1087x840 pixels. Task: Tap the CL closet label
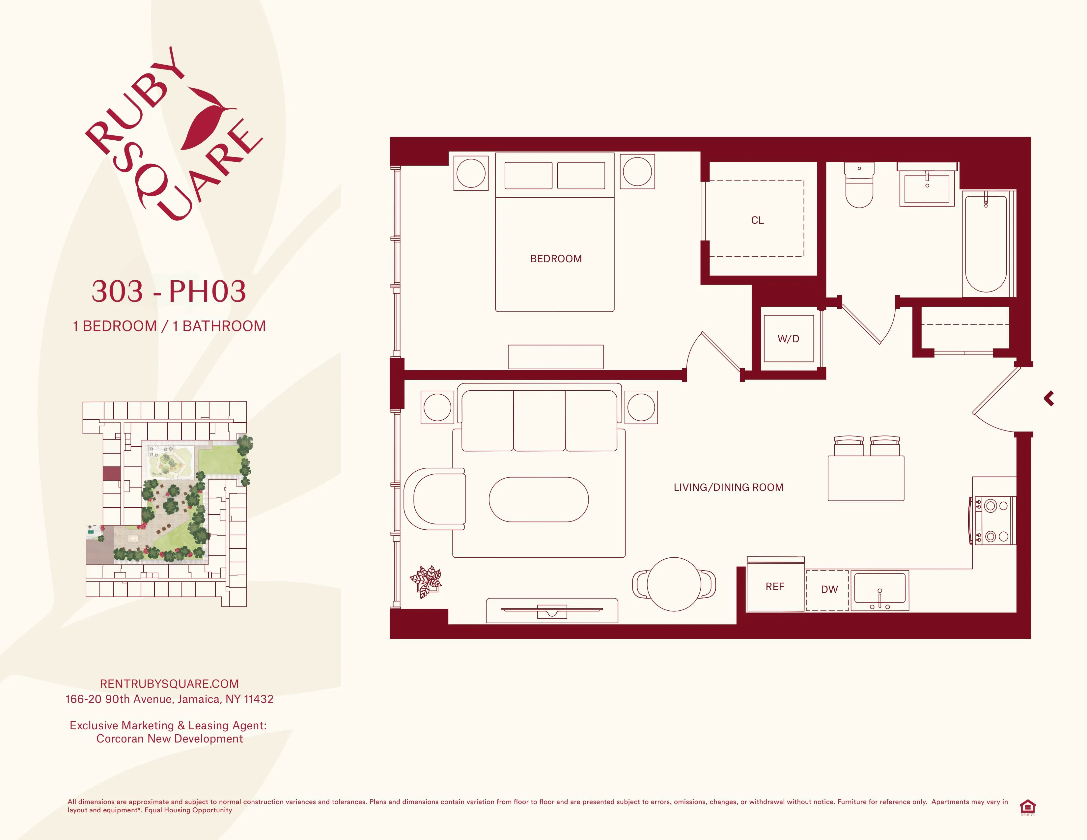coord(757,220)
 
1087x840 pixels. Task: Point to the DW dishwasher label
coord(829,590)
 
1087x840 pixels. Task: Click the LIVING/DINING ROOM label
coord(728,488)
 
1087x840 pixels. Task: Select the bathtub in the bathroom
coord(986,244)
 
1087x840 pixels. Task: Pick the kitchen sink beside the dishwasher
coord(879,591)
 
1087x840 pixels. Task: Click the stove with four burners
coord(994,520)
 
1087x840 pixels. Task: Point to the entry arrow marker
coord(1049,399)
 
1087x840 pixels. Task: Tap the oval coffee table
coord(539,500)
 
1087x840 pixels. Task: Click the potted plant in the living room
coord(426,581)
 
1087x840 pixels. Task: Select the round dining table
coord(674,584)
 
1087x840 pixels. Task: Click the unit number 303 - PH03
coord(169,291)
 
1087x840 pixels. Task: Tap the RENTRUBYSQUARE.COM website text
coord(169,684)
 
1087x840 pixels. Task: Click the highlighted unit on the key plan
coord(111,473)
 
